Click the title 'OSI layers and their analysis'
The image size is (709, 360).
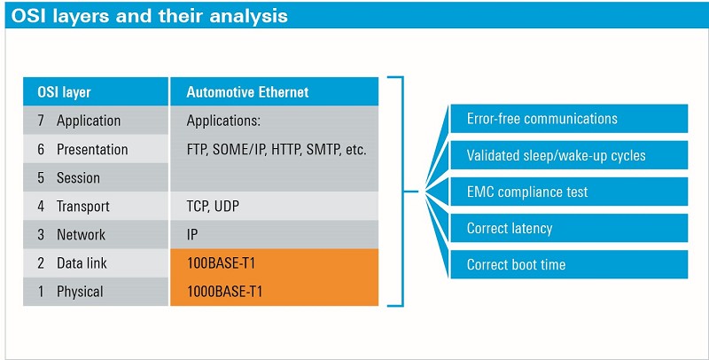pos(149,16)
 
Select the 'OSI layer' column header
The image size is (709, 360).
pos(64,92)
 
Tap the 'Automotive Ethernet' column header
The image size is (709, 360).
pos(247,92)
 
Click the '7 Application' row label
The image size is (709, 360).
pos(79,121)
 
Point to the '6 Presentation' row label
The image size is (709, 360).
pos(82,149)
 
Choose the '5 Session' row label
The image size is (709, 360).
pos(69,177)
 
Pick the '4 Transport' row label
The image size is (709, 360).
pos(74,207)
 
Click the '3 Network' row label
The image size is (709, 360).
pos(72,234)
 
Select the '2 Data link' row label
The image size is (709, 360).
pos(73,262)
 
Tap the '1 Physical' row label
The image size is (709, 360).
pos(70,291)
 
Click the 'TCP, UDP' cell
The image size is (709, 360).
pos(213,207)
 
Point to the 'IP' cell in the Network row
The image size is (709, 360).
pos(192,235)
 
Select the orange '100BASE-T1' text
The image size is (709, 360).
pos(221,262)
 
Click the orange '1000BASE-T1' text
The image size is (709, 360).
pos(225,291)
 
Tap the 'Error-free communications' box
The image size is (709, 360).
pos(569,119)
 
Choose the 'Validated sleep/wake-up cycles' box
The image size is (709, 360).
pos(569,155)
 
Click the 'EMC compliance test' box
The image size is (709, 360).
pos(569,192)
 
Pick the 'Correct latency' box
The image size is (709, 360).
pos(569,228)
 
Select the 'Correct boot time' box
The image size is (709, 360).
pos(569,264)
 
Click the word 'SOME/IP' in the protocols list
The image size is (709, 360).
pos(239,150)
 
